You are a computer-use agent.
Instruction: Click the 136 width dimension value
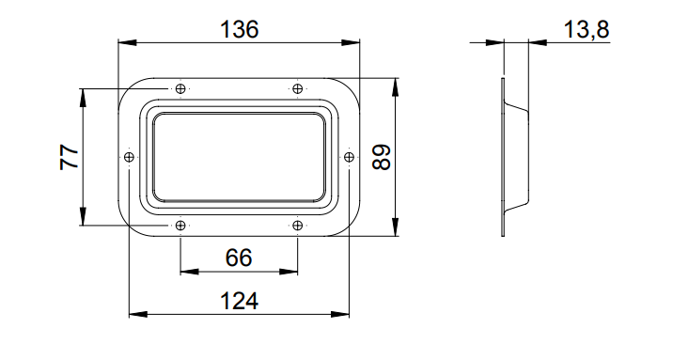(x=239, y=29)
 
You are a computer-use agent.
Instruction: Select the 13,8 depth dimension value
(x=587, y=29)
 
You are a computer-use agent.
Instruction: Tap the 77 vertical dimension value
(x=70, y=158)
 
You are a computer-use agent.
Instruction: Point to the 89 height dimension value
(x=381, y=157)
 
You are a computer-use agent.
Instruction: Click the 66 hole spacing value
(x=239, y=258)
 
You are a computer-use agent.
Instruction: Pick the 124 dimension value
(x=239, y=301)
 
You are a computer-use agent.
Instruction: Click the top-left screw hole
(x=180, y=88)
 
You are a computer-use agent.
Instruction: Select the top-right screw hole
(x=297, y=88)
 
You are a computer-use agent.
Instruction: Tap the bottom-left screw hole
(x=180, y=226)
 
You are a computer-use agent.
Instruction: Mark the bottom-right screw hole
(x=297, y=226)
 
